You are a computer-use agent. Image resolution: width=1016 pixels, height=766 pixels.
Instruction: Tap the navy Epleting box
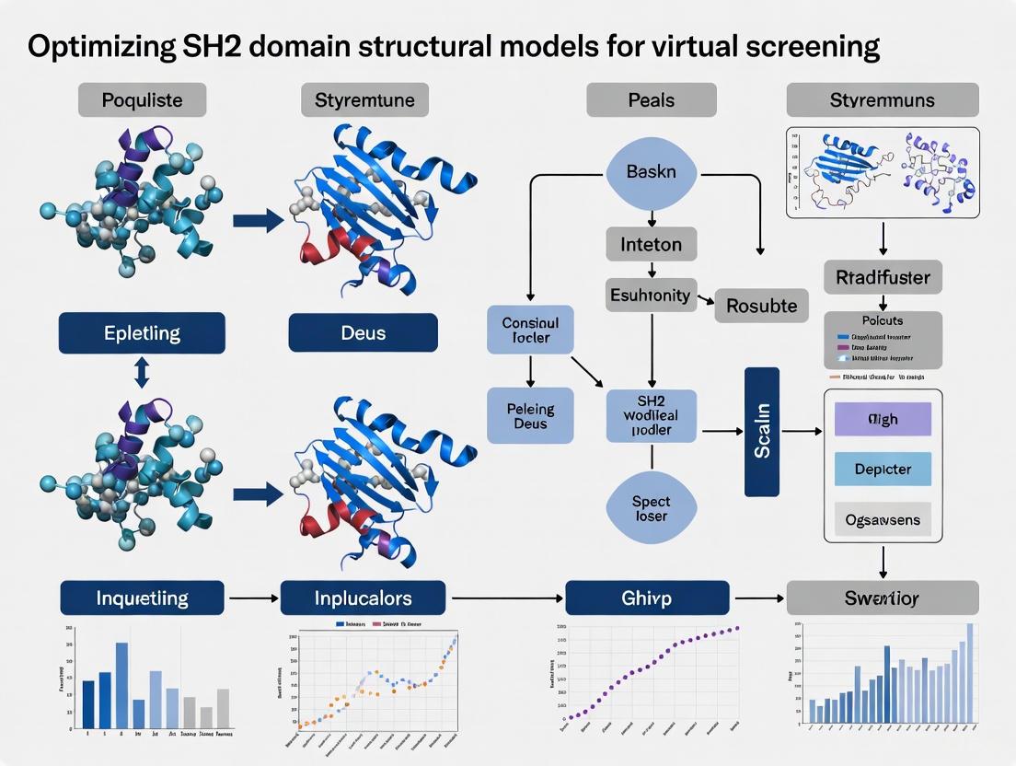(142, 332)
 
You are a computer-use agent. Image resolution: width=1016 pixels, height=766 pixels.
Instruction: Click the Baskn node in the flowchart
(651, 172)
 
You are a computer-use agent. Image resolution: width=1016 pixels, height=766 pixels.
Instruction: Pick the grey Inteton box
(651, 245)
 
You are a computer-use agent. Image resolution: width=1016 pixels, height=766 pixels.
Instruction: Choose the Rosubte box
(762, 305)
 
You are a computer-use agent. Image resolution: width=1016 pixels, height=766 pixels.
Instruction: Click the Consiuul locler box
(530, 331)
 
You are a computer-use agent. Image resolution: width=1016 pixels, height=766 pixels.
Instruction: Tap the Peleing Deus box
(530, 414)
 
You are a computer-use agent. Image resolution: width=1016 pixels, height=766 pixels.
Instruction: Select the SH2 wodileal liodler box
(652, 417)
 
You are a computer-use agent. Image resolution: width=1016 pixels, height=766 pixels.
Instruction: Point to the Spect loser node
(651, 509)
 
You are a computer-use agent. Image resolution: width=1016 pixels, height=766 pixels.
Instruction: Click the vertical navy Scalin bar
(761, 432)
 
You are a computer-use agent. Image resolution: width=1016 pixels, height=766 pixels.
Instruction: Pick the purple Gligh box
(883, 419)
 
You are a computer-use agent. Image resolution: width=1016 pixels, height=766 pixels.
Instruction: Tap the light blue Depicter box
(883, 469)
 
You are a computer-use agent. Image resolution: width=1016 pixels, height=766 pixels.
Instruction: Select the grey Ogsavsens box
(883, 520)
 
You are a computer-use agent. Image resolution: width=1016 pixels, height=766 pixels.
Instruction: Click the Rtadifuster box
(883, 276)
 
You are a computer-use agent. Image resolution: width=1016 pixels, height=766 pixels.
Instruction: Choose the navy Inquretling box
(142, 598)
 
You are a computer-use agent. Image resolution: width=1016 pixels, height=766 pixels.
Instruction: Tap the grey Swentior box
(882, 598)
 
